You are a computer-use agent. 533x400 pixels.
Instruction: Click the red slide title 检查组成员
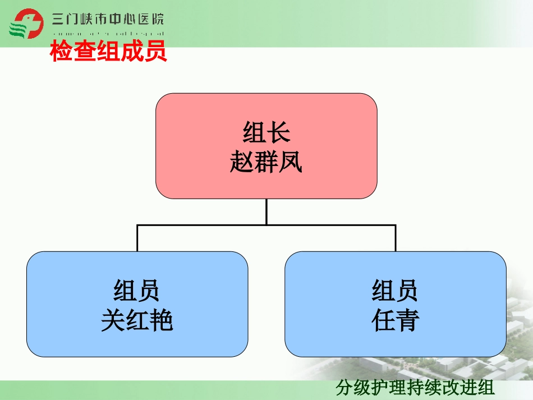109,52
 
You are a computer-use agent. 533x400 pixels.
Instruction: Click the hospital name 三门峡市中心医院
108,20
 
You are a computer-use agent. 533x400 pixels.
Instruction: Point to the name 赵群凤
266,163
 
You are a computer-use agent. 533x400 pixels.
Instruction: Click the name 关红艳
137,321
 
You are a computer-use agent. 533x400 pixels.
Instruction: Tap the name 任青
396,321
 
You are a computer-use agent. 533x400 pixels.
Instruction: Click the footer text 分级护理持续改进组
415,388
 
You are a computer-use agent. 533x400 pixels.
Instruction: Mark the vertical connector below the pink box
266,212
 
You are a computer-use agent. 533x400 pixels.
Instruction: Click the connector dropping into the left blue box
137,238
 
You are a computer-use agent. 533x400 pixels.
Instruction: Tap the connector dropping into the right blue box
396,238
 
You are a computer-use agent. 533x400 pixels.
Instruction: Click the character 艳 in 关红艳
162,321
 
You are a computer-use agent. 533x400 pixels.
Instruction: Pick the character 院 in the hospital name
157,20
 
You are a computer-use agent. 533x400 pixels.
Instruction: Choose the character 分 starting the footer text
344,388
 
